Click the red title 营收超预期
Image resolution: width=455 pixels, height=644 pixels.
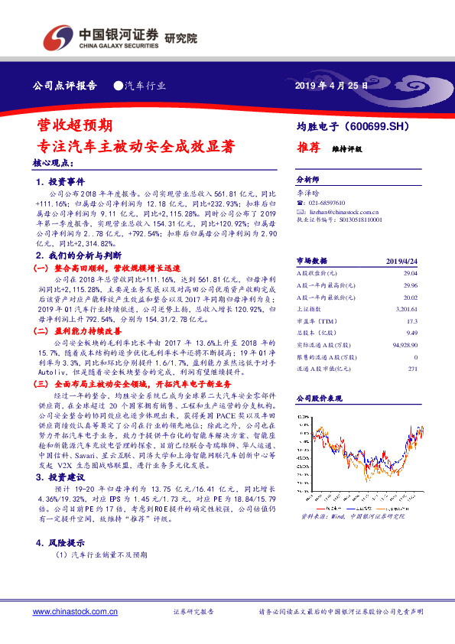pyautogui.click(x=76, y=124)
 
